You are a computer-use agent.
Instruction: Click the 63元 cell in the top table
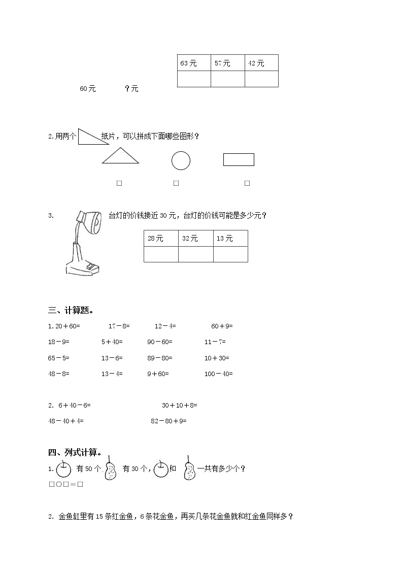tap(194, 63)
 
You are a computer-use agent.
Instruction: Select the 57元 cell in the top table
tap(227, 63)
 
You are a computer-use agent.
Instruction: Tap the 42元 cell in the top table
tap(261, 63)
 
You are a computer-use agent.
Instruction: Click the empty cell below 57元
tap(227, 79)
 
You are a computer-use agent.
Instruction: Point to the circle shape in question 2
tap(181, 161)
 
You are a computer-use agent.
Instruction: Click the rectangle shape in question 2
tap(239, 159)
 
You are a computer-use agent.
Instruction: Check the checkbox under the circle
tap(176, 183)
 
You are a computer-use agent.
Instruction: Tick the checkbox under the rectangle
tap(247, 183)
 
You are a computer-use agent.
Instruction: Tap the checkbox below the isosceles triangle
tap(119, 183)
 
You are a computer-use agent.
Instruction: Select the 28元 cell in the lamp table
tap(161, 239)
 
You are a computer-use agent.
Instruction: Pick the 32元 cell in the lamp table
tap(195, 239)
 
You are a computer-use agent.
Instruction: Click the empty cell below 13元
tap(230, 254)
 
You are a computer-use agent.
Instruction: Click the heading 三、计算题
tap(71, 311)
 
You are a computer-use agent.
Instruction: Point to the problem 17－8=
tap(119, 326)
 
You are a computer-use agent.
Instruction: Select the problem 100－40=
tap(218, 374)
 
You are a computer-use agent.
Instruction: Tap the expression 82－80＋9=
tap(169, 421)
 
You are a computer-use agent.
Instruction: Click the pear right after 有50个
tap(111, 468)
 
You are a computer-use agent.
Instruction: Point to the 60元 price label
tap(87, 89)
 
